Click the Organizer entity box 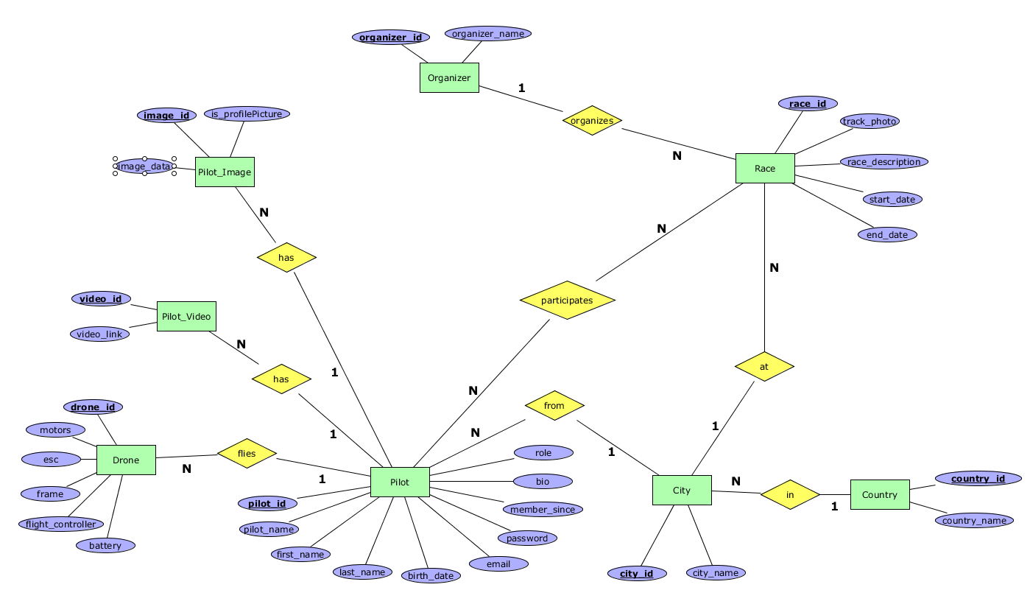pyautogui.click(x=449, y=77)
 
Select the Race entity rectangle pyautogui.click(x=765, y=169)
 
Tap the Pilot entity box pyautogui.click(x=400, y=482)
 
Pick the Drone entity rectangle pyautogui.click(x=126, y=460)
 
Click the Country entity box pyautogui.click(x=880, y=494)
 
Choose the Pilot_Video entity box pyautogui.click(x=186, y=316)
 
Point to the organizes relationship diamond pyautogui.click(x=592, y=120)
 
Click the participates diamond pyautogui.click(x=567, y=301)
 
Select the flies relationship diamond pyautogui.click(x=247, y=454)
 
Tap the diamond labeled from pyautogui.click(x=554, y=405)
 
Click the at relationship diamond pyautogui.click(x=764, y=366)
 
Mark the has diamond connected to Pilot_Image pyautogui.click(x=286, y=257)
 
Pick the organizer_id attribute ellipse pyautogui.click(x=391, y=37)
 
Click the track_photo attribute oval pyautogui.click(x=870, y=121)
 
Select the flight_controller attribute pyautogui.click(x=61, y=524)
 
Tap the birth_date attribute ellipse pyautogui.click(x=431, y=575)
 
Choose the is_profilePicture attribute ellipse pyautogui.click(x=247, y=113)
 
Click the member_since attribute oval pyautogui.click(x=543, y=509)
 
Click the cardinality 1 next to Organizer pyautogui.click(x=521, y=88)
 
